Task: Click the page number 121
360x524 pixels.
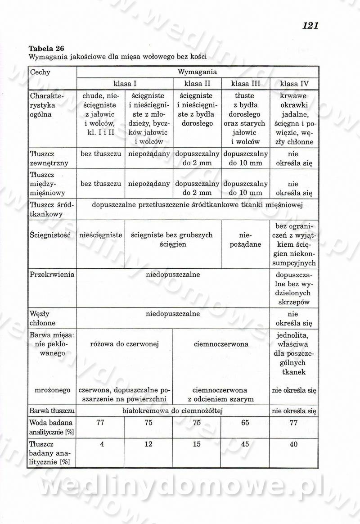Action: click(x=310, y=26)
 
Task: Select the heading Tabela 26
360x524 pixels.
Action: click(x=45, y=49)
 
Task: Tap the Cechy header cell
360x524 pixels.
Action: click(x=40, y=72)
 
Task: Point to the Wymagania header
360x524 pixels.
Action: click(x=197, y=72)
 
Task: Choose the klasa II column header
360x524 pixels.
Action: click(x=197, y=84)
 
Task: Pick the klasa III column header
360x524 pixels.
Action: click(x=245, y=84)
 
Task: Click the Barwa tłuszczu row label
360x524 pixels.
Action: click(x=52, y=411)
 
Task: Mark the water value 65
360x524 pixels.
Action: click(x=245, y=423)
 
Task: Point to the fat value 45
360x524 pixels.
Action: click(x=245, y=444)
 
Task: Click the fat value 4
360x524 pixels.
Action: click(x=102, y=444)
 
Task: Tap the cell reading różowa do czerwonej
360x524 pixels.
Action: click(x=125, y=344)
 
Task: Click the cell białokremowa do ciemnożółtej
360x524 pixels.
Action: click(x=173, y=411)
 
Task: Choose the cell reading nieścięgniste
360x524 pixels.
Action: click(x=101, y=235)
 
